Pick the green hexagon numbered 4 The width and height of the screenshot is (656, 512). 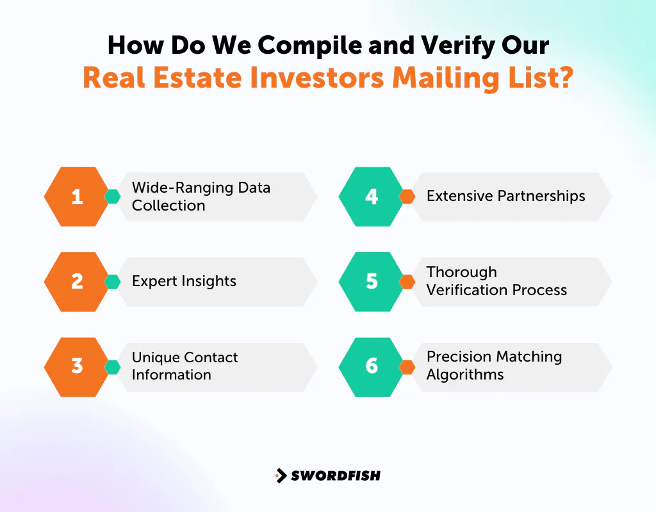(x=372, y=196)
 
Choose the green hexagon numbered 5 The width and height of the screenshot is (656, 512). (x=372, y=282)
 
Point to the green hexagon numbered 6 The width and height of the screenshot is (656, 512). (x=372, y=366)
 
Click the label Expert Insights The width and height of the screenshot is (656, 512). (x=184, y=282)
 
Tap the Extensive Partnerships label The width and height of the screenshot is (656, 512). (x=505, y=196)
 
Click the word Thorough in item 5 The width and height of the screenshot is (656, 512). (x=461, y=272)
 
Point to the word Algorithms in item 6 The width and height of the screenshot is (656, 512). (x=464, y=375)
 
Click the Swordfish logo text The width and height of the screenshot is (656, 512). (x=336, y=476)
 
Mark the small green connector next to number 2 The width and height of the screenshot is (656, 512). (x=112, y=282)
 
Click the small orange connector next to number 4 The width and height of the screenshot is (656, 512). (x=407, y=196)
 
